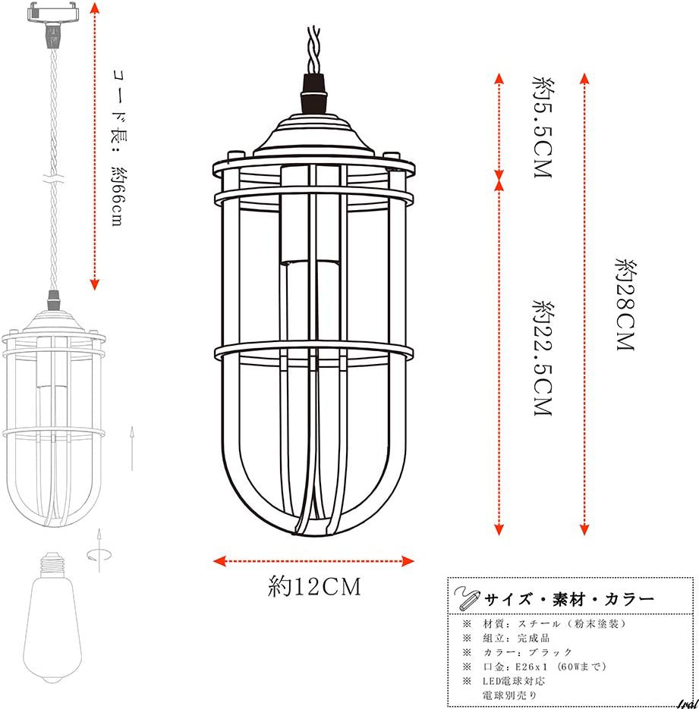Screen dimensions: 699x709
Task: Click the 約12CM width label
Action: [314, 586]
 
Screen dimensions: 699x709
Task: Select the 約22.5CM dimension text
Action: [543, 357]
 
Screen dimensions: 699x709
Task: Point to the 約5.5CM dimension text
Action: [543, 127]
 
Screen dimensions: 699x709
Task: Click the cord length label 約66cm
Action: [118, 196]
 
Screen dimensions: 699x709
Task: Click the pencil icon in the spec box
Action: [467, 598]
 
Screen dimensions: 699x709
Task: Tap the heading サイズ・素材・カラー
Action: [569, 600]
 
